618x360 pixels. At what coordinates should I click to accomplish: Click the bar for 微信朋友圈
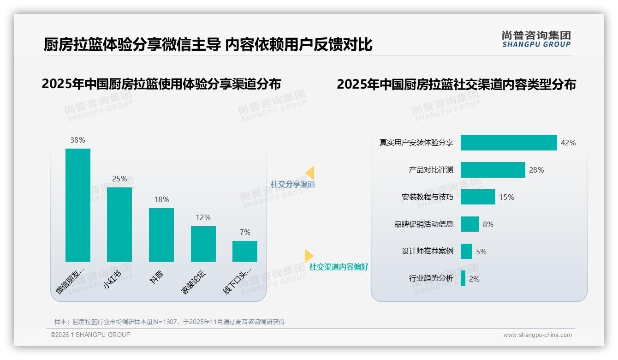(x=78, y=205)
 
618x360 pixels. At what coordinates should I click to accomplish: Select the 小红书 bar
(x=119, y=224)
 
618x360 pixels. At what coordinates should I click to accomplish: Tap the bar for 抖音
(x=161, y=235)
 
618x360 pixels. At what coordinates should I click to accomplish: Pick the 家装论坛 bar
(x=203, y=244)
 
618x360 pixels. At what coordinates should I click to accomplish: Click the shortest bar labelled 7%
(x=245, y=251)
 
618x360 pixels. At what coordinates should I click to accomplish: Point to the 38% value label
(x=78, y=140)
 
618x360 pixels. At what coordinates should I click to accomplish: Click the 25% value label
(x=119, y=179)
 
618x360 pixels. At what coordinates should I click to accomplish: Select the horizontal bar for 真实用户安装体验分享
(x=509, y=143)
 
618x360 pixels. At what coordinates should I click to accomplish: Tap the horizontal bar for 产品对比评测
(x=493, y=170)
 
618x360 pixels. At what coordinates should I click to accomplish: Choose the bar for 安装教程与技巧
(x=478, y=197)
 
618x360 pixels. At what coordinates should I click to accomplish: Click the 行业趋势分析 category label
(x=431, y=278)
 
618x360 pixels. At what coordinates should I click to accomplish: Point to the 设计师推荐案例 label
(x=428, y=251)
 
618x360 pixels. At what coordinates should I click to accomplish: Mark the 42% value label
(x=568, y=143)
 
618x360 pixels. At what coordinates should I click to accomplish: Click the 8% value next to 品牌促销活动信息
(x=488, y=224)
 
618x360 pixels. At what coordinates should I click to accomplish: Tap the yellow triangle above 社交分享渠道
(x=310, y=173)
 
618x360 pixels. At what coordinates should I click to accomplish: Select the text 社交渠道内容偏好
(x=339, y=267)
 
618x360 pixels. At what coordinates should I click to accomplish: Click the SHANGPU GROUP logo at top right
(x=536, y=39)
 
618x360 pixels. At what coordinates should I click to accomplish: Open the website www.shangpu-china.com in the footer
(x=537, y=335)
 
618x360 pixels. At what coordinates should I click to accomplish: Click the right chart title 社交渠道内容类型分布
(x=456, y=84)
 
